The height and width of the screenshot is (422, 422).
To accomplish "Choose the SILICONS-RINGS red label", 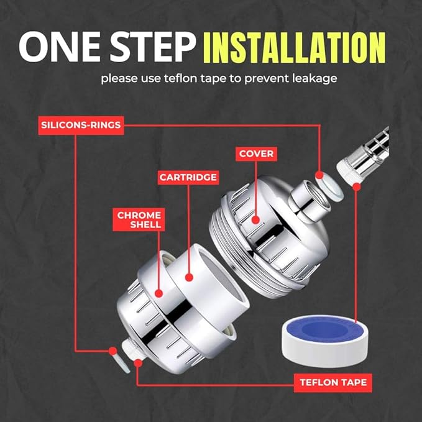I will tap(80, 124).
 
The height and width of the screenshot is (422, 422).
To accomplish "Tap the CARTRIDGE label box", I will tap(188, 177).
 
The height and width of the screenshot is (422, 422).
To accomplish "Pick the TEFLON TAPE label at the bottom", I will tap(333, 382).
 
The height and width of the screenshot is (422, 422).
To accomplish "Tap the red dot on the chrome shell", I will tap(158, 293).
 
